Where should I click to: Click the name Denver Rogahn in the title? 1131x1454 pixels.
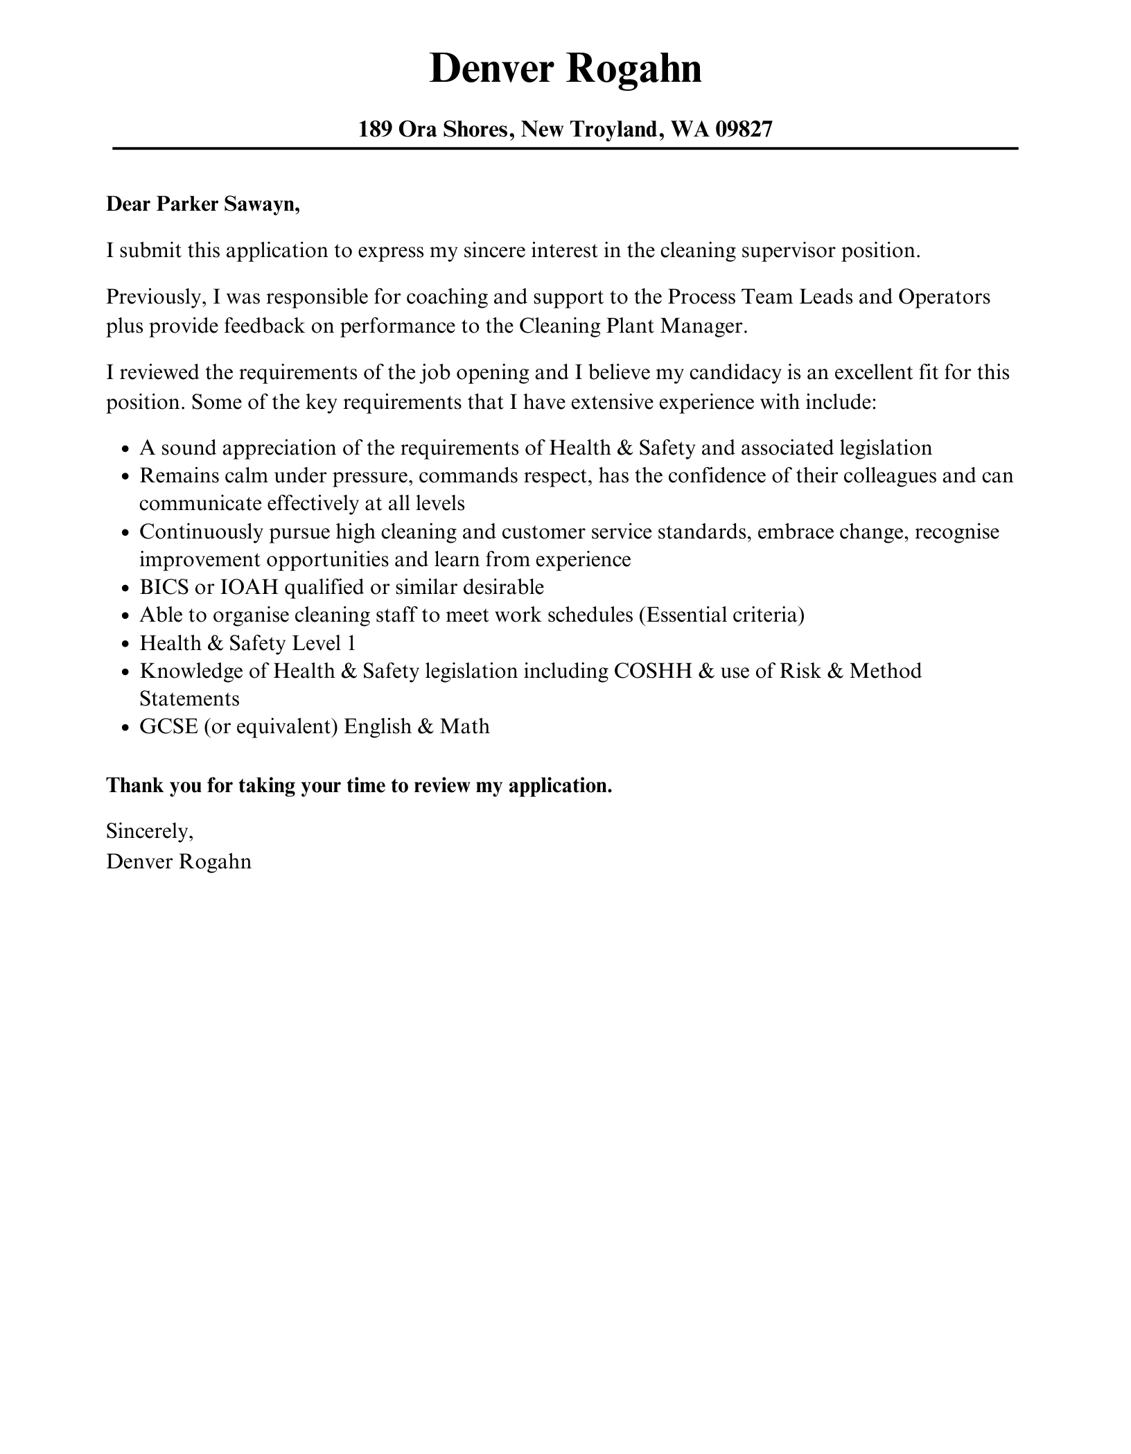coord(565,69)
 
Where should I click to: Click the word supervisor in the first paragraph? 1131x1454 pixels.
coord(787,250)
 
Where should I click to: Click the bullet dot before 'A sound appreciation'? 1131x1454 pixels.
coord(125,449)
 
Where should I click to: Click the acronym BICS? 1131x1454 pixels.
coord(164,588)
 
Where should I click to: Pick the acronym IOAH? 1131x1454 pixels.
coord(249,588)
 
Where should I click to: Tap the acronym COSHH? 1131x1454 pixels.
coord(653,671)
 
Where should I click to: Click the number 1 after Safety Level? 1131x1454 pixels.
coord(351,644)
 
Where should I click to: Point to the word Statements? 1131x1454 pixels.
coord(189,699)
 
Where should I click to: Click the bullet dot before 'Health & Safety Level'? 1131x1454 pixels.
coord(125,645)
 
